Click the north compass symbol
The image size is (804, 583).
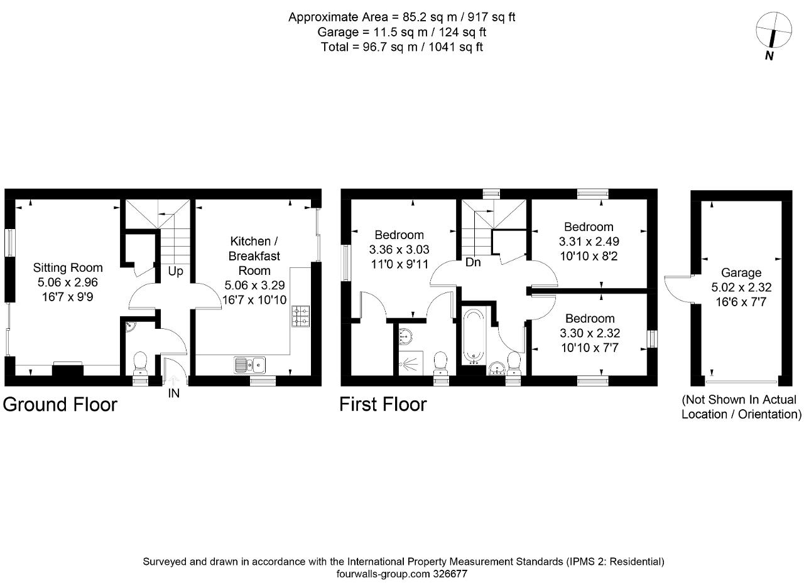(773, 31)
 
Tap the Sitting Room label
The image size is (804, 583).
(68, 268)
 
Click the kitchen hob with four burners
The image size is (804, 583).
(300, 316)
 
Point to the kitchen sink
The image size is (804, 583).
(250, 365)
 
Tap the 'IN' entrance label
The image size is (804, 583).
(173, 394)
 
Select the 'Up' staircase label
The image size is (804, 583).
(175, 272)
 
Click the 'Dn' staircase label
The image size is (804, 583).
(473, 262)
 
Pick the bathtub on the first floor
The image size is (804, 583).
(472, 336)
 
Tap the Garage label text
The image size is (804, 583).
(741, 273)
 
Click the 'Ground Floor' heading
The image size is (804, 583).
(60, 404)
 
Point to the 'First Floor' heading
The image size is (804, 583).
(383, 404)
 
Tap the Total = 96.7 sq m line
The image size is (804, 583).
(401, 46)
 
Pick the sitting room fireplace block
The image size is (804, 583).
(67, 369)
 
